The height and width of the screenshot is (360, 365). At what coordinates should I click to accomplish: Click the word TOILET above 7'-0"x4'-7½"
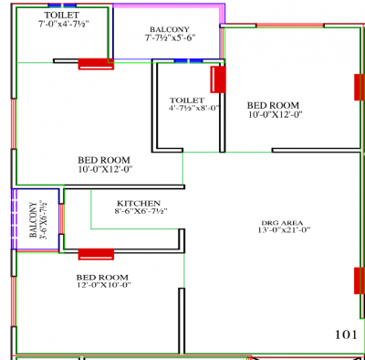61,16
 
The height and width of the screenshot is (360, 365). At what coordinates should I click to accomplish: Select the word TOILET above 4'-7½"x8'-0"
187,100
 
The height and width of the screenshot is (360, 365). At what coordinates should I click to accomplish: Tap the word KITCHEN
139,202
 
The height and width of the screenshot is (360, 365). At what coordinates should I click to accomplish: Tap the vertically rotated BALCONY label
34,220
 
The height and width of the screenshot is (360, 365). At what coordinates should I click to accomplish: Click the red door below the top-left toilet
95,63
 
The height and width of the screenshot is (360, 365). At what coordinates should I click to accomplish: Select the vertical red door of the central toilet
218,79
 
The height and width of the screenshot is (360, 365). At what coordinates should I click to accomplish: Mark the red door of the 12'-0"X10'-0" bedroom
96,253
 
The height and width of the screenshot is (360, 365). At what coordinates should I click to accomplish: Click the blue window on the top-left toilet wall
62,5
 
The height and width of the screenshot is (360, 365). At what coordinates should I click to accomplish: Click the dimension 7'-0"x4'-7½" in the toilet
62,26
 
